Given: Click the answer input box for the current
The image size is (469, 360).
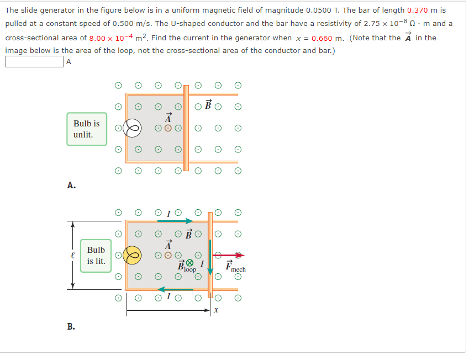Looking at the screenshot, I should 34,62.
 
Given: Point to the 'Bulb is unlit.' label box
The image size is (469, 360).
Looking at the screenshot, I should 87,129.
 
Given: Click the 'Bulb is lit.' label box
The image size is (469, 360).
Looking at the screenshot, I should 96,256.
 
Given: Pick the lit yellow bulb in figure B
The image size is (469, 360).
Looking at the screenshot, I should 132,255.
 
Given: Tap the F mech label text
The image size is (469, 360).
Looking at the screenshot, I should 235,268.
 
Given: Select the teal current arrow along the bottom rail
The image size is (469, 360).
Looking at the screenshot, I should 175,289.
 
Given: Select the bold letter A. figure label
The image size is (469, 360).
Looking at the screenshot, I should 71,186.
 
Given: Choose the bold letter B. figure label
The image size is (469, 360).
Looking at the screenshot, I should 71,327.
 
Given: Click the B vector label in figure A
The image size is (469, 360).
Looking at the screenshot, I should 208,105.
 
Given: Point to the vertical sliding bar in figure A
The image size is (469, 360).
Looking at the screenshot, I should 186,128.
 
